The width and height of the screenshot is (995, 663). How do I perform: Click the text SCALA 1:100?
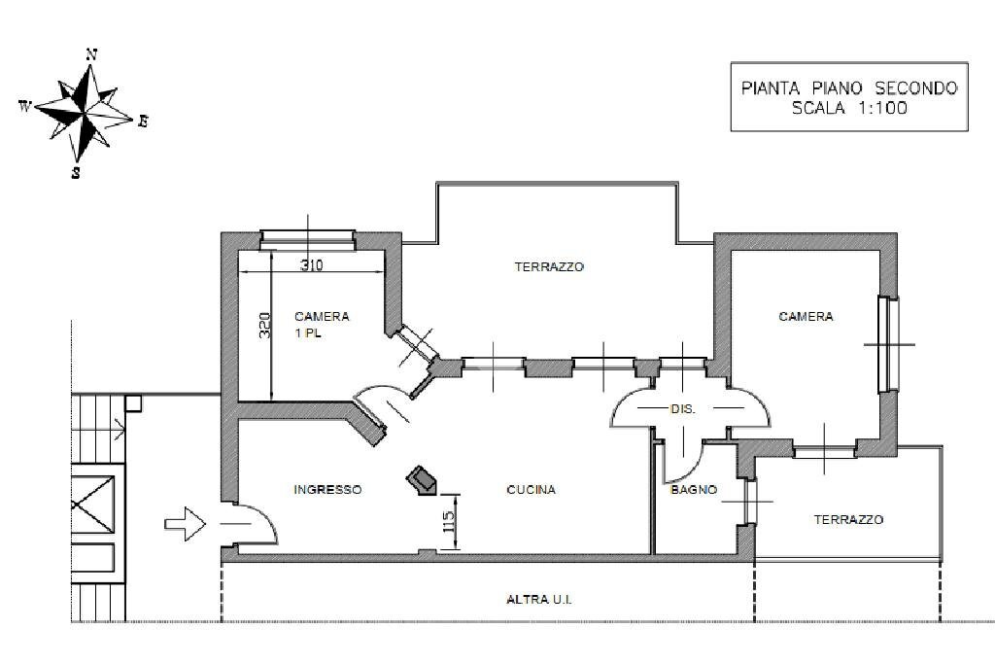point(849,109)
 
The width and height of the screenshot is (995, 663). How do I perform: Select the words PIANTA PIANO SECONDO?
point(849,87)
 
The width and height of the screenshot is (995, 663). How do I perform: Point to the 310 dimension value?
point(311,264)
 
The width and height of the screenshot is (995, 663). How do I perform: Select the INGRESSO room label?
point(327,490)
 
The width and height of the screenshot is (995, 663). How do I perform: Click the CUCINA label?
point(532,490)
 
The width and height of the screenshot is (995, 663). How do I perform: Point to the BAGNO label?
point(694,490)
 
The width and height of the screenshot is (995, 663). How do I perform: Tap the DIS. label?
point(683,409)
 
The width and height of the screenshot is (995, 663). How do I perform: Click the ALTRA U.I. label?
point(539,600)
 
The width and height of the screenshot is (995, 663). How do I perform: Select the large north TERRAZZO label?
point(549,266)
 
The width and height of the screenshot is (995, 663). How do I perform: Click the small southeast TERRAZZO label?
point(848,520)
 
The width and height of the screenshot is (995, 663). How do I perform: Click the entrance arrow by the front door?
point(185,525)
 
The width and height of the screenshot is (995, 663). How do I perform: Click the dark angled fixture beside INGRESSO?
point(423,479)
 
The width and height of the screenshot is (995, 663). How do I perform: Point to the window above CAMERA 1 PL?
point(307,238)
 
